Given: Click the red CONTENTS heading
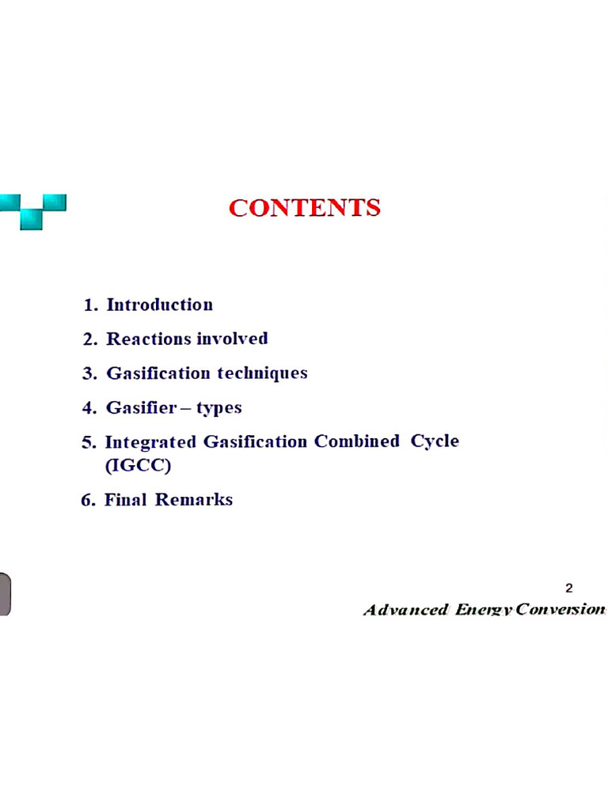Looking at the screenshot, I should click(x=305, y=208).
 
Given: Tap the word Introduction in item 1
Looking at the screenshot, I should click(x=159, y=305).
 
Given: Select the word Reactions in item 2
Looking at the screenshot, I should click(x=149, y=339).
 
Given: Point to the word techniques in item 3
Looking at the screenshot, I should click(x=262, y=373).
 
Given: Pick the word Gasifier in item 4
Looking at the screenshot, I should click(x=140, y=408).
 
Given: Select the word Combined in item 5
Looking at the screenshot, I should click(x=357, y=441).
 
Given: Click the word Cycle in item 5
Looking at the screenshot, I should click(x=435, y=441).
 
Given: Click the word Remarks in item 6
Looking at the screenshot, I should click(x=194, y=500).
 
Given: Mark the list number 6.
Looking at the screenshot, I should click(x=88, y=500).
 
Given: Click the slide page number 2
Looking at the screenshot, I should click(x=569, y=588).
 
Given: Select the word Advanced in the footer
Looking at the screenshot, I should click(x=405, y=610).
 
